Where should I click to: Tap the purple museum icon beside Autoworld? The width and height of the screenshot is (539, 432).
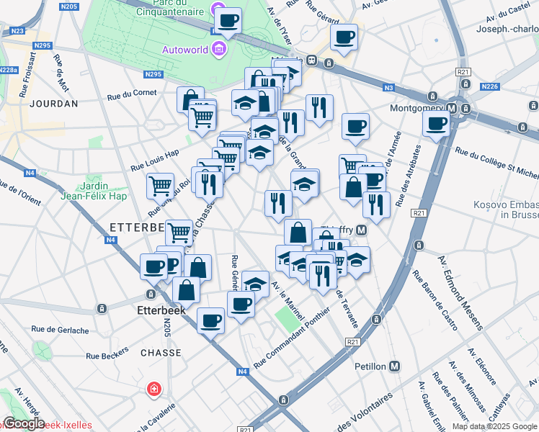tap(218, 50)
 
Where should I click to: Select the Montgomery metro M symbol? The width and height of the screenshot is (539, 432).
tap(452, 109)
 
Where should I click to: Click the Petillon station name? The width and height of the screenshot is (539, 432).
tap(370, 366)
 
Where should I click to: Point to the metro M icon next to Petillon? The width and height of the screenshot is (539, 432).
tap(394, 366)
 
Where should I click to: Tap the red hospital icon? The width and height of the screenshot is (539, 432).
tap(153, 390)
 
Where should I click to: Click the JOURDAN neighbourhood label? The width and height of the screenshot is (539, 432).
tap(54, 104)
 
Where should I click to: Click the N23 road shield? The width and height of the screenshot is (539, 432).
tap(17, 31)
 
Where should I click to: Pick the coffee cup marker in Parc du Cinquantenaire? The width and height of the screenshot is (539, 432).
tap(228, 21)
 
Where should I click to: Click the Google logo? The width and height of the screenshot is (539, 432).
tap(24, 423)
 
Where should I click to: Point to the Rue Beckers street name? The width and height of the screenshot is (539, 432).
tap(107, 355)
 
